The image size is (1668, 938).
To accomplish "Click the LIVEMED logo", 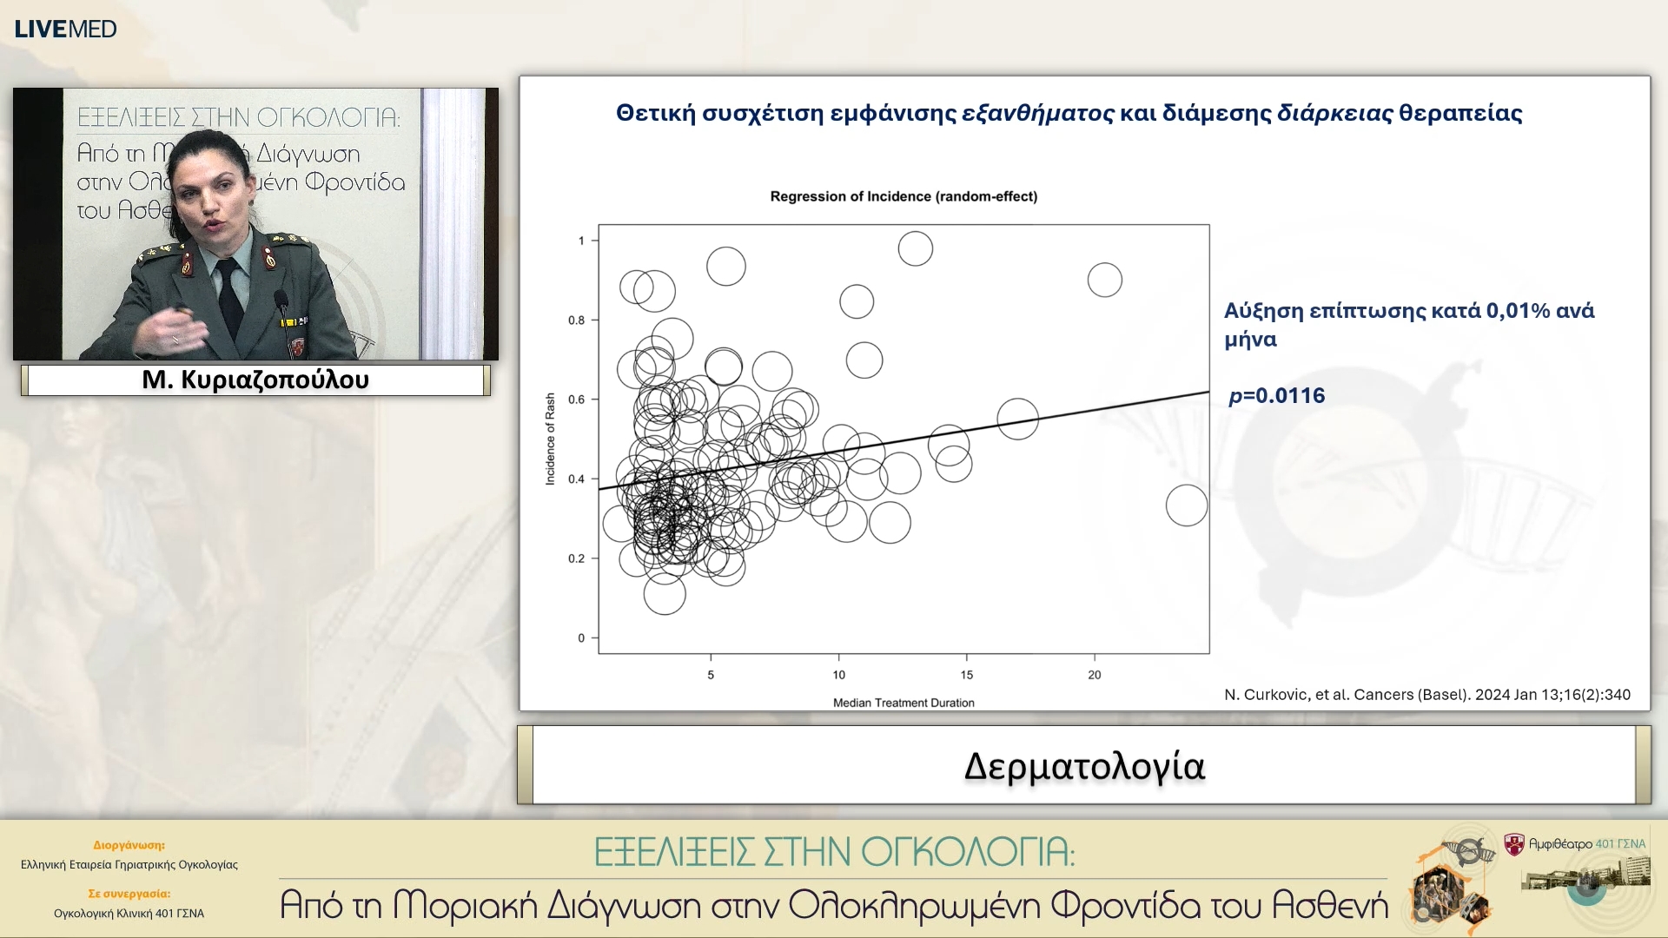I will [65, 29].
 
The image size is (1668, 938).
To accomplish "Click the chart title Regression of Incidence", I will [903, 196].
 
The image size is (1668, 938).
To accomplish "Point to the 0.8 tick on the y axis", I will [577, 320].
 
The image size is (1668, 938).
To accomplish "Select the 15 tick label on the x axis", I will [966, 675].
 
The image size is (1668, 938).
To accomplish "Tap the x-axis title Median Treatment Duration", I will [903, 703].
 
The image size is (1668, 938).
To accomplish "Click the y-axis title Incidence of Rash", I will [550, 439].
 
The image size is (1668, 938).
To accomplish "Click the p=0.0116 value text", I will [1276, 396].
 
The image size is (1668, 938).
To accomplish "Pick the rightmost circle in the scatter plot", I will [1186, 505].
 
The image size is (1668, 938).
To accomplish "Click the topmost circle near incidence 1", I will [915, 249].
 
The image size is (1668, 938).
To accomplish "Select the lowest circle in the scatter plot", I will [665, 594].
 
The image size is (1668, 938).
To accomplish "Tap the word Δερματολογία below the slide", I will [1084, 767].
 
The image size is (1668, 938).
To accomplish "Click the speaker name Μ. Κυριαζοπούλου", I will [255, 380].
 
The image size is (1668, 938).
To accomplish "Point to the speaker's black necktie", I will [229, 300].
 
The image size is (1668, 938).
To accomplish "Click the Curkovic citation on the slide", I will [1426, 695].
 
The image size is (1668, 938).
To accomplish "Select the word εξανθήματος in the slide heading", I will [1037, 114].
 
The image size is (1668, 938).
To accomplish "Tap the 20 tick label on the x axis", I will [1094, 675].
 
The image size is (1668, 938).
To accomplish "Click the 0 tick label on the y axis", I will [581, 638].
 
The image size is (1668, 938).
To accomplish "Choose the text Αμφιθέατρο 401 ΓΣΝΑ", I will [1586, 843].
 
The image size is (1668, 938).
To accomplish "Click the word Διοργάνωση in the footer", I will [129, 845].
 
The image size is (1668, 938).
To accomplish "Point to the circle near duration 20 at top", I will [1104, 280].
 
